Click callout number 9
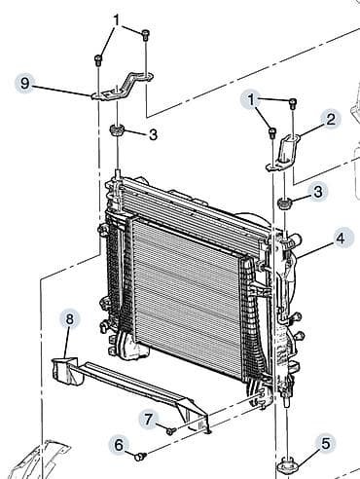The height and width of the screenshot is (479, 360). click(x=24, y=84)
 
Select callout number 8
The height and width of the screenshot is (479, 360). click(x=69, y=318)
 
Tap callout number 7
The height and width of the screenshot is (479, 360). click(x=149, y=419)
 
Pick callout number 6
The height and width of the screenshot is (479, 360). click(x=120, y=445)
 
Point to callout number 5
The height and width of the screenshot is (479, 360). click(x=326, y=443)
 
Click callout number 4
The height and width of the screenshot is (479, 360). click(x=341, y=239)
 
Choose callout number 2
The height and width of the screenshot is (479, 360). click(x=331, y=120)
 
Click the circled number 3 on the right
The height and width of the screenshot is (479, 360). click(x=318, y=192)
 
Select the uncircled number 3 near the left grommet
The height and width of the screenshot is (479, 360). click(x=154, y=134)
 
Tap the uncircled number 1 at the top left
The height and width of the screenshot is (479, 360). click(x=117, y=20)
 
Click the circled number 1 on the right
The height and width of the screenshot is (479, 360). click(x=251, y=100)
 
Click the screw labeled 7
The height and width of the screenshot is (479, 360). click(x=171, y=431)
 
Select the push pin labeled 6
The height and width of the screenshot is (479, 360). click(x=140, y=457)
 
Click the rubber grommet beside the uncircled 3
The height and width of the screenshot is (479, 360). click(x=117, y=130)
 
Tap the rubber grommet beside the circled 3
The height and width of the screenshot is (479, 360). click(x=285, y=204)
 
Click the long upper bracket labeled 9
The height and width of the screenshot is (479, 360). click(x=122, y=87)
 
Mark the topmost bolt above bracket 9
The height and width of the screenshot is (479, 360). click(x=145, y=35)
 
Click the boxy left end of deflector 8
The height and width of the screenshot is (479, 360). click(x=65, y=370)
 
